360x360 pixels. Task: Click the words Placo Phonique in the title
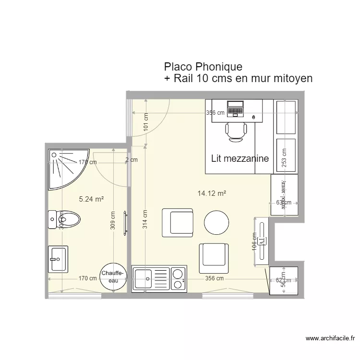click(x=203, y=66)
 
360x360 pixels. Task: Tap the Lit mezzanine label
click(x=240, y=158)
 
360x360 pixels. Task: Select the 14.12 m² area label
click(x=212, y=193)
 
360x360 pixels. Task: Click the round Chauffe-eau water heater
click(x=113, y=277)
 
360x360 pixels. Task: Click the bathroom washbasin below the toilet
click(x=58, y=259)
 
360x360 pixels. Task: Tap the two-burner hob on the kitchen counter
click(x=177, y=279)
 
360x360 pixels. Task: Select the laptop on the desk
click(x=235, y=108)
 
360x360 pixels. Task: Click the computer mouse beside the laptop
click(x=253, y=117)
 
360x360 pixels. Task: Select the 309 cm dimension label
click(x=112, y=220)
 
